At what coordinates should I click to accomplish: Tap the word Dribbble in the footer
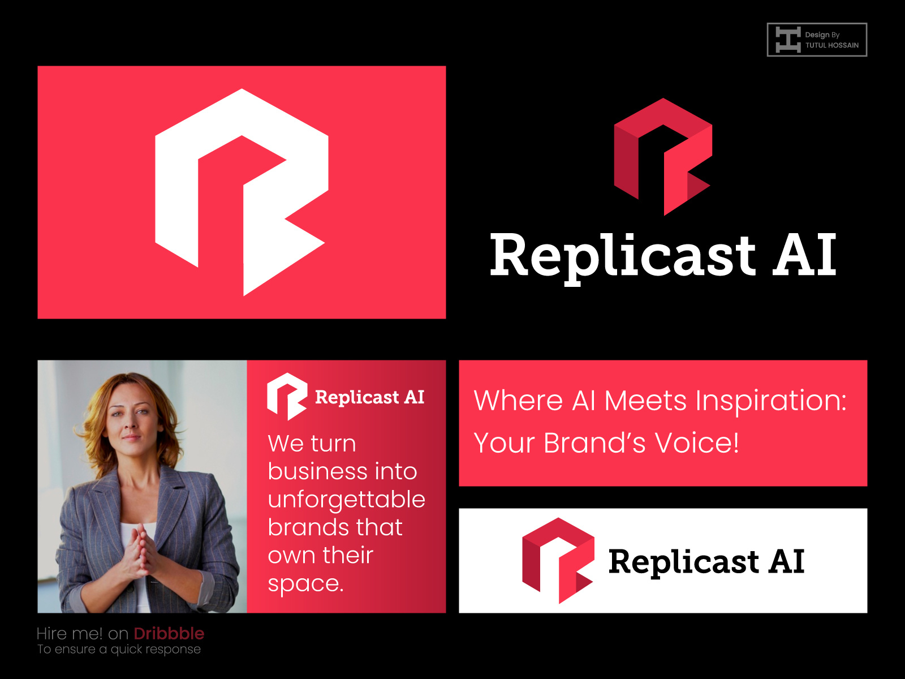[169, 633]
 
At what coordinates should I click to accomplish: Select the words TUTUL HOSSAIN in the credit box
[831, 45]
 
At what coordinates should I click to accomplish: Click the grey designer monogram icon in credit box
[787, 40]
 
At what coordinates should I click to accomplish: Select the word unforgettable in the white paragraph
[346, 500]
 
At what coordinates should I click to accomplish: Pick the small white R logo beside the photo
[287, 396]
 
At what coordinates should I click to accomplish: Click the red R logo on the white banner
[557, 560]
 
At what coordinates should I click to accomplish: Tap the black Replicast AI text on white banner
[706, 561]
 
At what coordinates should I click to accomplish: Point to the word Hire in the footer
[53, 633]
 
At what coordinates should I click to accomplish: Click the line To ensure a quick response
[119, 649]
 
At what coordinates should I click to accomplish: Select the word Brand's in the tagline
[594, 442]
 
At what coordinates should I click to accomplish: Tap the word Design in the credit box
[817, 35]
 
